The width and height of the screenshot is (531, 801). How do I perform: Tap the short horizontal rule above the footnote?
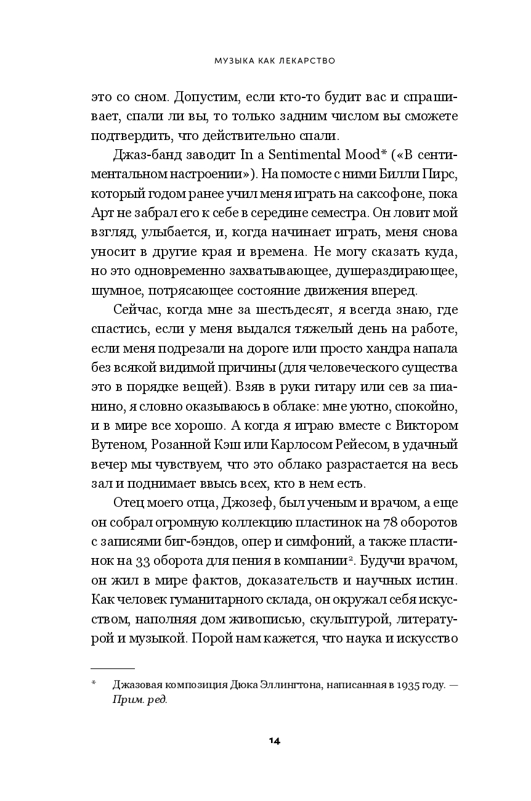(x=113, y=668)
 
